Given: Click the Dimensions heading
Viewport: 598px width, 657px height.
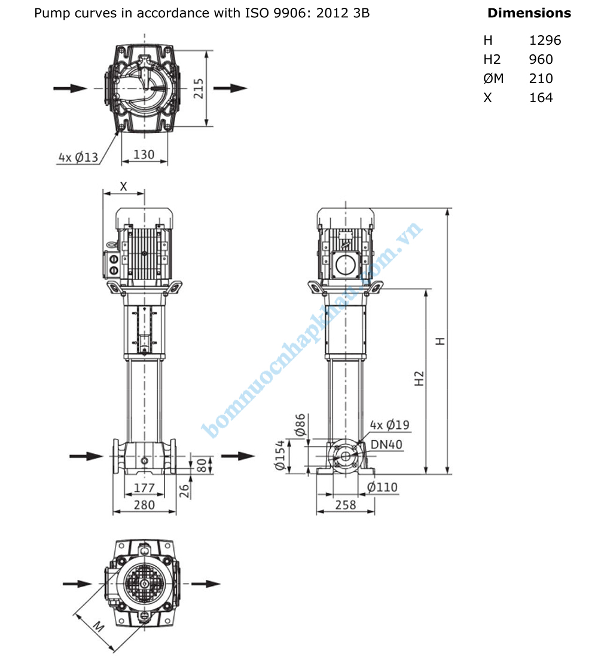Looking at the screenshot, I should coord(529,13).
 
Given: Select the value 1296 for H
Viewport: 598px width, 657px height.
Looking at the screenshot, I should coord(545,40).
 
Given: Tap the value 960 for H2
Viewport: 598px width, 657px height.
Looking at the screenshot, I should coord(541,59).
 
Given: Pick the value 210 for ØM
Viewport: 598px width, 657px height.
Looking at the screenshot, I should coord(541,78).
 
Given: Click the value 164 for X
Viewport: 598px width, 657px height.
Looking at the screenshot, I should coord(541,97).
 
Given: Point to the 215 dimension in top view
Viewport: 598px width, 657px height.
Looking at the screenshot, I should coord(199,88).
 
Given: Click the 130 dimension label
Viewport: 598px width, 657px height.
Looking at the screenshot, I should coord(144,154).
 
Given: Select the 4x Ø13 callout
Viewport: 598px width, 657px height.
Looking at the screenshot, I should coord(78,158).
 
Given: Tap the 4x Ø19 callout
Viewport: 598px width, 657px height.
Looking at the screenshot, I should coord(389,425).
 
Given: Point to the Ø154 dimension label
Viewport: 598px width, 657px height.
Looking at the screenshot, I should coord(280,457).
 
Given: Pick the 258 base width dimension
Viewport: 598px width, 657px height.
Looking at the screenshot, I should coord(345,505).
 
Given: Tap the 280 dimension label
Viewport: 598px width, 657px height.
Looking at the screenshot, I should coord(144,505).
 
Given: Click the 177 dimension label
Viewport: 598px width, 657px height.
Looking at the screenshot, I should coord(144,487).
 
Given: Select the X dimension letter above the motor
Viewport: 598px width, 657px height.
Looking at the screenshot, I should coord(124,186).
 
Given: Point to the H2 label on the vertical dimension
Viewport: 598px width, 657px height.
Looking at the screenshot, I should coord(419,377).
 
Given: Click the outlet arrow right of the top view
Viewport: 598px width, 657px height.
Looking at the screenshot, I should coord(230,88).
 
